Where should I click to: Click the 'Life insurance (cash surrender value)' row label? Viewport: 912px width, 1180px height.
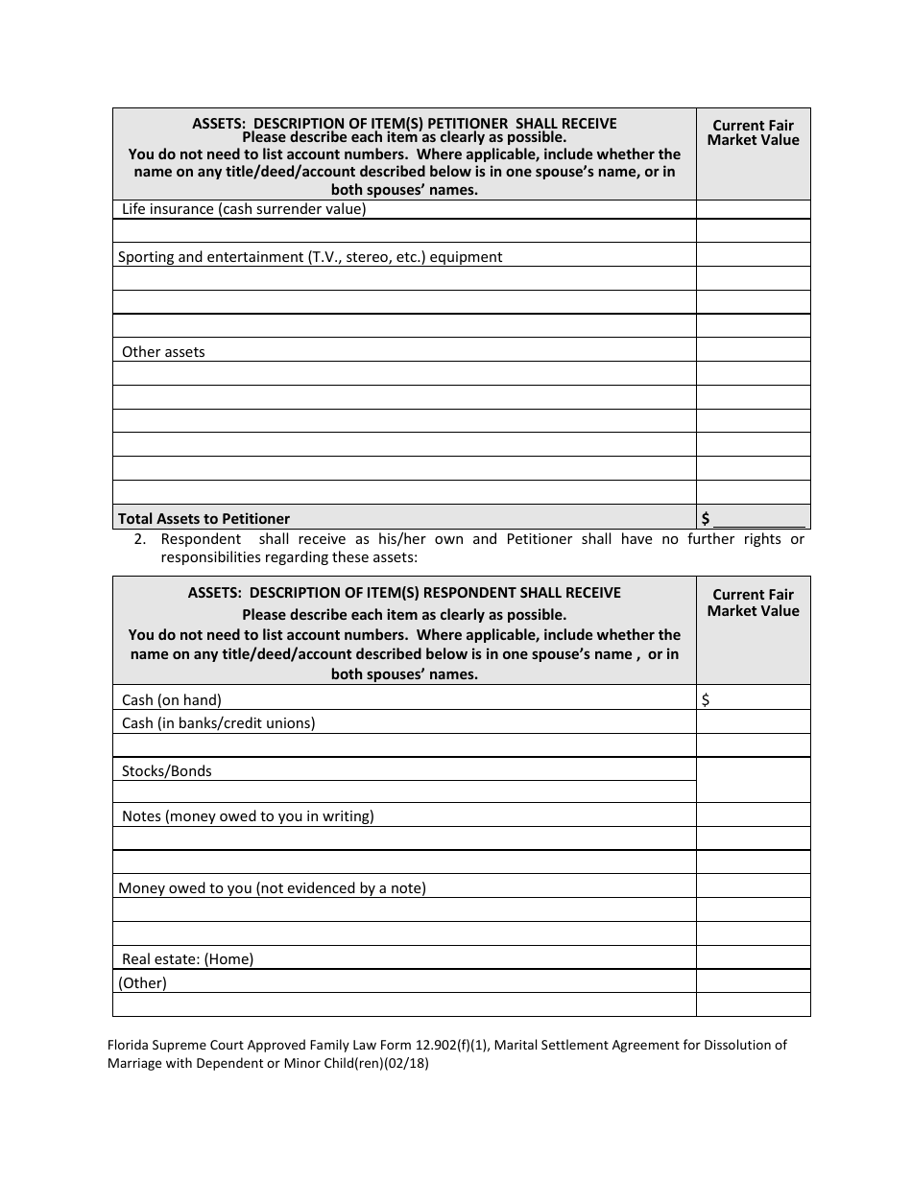click(x=244, y=209)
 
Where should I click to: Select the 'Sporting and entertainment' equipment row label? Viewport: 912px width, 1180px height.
click(x=309, y=257)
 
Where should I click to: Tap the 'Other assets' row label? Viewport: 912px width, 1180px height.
click(x=163, y=352)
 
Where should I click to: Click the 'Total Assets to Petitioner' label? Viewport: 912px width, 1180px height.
click(x=204, y=518)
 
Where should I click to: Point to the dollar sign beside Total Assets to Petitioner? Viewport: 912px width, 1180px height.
click(x=706, y=518)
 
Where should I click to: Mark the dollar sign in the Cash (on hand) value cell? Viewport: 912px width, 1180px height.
click(x=706, y=699)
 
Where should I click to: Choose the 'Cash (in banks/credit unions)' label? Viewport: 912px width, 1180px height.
click(x=218, y=722)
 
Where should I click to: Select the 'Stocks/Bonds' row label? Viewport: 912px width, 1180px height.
click(x=167, y=770)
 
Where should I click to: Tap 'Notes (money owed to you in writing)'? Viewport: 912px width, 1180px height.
click(x=248, y=816)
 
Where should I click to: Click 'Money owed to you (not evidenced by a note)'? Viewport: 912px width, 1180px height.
click(x=272, y=888)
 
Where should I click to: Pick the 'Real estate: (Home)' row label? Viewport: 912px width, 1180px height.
click(x=187, y=958)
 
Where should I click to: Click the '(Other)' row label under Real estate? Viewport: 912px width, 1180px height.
click(x=142, y=982)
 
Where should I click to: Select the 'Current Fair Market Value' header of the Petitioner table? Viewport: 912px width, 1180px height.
click(x=753, y=132)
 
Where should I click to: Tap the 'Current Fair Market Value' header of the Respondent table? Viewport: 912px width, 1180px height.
click(x=753, y=602)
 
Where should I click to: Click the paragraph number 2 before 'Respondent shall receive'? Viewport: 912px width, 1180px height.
click(x=140, y=539)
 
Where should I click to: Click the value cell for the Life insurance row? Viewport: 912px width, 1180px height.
click(x=753, y=209)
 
